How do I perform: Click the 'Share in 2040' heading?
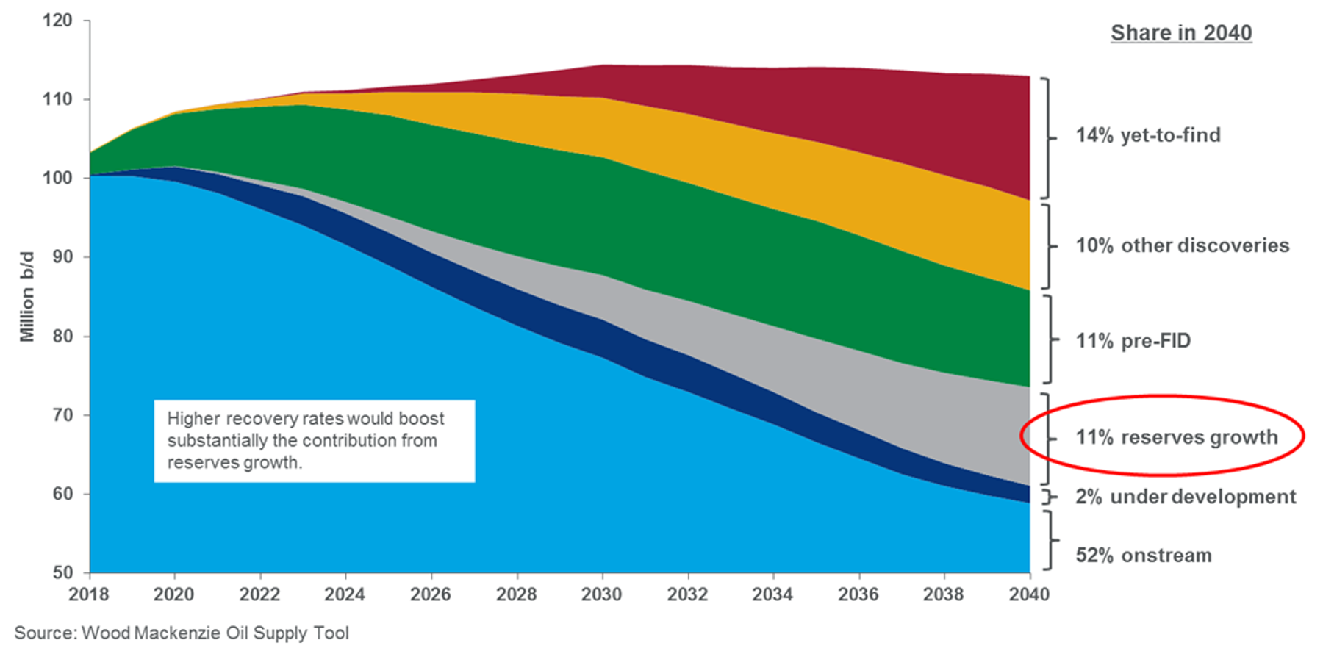coord(1180,33)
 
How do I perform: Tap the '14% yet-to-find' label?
coord(1147,135)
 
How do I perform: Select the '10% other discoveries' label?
coord(1182,245)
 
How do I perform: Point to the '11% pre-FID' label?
coord(1133,341)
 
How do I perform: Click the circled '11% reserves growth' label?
coord(1176,437)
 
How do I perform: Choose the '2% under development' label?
coord(1185,497)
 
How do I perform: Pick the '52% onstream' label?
coord(1143,556)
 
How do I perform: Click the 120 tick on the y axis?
coord(57,21)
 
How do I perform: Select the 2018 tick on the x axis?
coord(88,594)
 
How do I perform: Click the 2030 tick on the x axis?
coord(601,594)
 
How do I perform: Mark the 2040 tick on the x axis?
coord(1029,594)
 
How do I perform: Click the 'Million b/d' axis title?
coord(27,297)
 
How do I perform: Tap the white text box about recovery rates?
coord(314,441)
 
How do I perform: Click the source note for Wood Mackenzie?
coord(182,633)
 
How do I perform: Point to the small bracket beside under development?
coord(1049,497)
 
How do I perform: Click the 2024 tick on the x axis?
coord(345,594)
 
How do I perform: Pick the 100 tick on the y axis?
coord(57,178)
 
